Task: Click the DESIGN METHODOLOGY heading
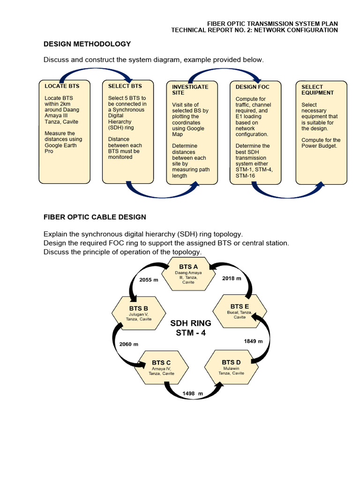pyautogui.click(x=87, y=44)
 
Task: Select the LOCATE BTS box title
pyautogui.click(x=62, y=86)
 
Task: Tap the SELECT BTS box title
pyautogui.click(x=125, y=86)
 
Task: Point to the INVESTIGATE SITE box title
pyautogui.click(x=190, y=90)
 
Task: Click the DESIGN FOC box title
pyautogui.click(x=252, y=87)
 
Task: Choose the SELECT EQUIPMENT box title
pyautogui.click(x=317, y=90)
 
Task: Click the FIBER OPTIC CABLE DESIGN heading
pyautogui.click(x=95, y=217)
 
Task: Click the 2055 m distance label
pyautogui.click(x=149, y=280)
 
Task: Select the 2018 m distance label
pyautogui.click(x=232, y=278)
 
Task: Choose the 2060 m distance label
pyautogui.click(x=129, y=344)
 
